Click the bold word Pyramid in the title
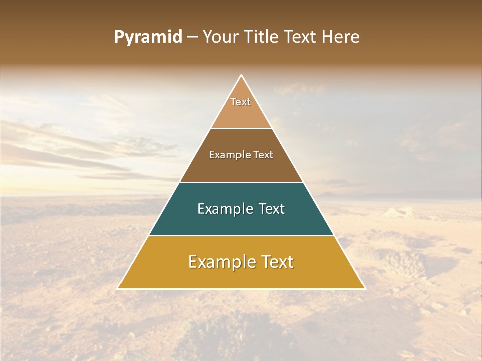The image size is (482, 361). (x=148, y=37)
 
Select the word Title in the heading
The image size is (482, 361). (x=262, y=37)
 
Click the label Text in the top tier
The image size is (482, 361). (x=240, y=102)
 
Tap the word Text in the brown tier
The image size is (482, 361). (x=263, y=155)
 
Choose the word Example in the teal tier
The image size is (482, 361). (x=224, y=209)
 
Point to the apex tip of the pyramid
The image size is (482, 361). (x=242, y=76)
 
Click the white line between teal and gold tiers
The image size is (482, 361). (x=242, y=235)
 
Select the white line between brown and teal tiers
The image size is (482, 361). (x=242, y=182)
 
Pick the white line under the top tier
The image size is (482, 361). (x=242, y=128)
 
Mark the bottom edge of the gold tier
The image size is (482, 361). (x=242, y=289)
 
